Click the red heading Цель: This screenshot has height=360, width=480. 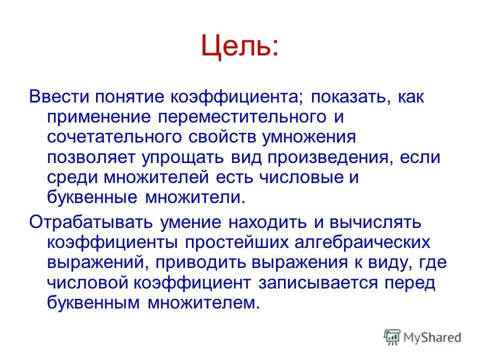[239, 46]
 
